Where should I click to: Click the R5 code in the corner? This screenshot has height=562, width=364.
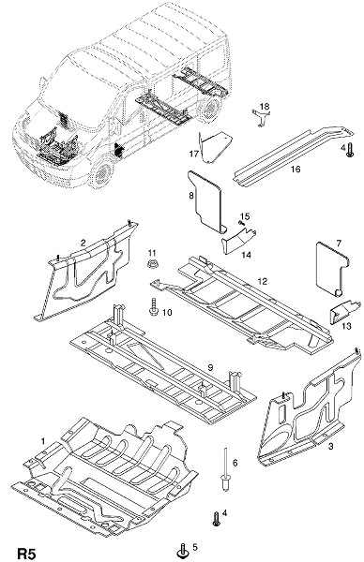(27, 553)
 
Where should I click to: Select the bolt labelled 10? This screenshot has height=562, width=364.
(154, 305)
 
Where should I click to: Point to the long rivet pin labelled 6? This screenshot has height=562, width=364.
(225, 469)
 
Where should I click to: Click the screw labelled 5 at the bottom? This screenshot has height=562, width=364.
(183, 550)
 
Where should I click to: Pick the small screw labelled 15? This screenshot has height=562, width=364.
(241, 223)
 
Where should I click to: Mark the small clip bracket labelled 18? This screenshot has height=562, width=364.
(261, 116)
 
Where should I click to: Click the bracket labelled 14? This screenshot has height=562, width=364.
(238, 240)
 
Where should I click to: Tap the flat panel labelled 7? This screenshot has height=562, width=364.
(330, 269)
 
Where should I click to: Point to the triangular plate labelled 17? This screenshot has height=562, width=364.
(215, 147)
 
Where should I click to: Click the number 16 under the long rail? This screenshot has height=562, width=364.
(296, 169)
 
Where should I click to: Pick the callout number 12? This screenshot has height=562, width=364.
(263, 281)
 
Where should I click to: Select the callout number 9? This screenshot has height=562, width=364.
(210, 367)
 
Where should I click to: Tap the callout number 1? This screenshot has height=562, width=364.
(43, 440)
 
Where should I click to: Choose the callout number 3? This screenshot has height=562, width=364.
(330, 446)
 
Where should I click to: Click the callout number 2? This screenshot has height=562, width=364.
(83, 243)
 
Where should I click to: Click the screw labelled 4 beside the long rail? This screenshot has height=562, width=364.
(350, 149)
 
